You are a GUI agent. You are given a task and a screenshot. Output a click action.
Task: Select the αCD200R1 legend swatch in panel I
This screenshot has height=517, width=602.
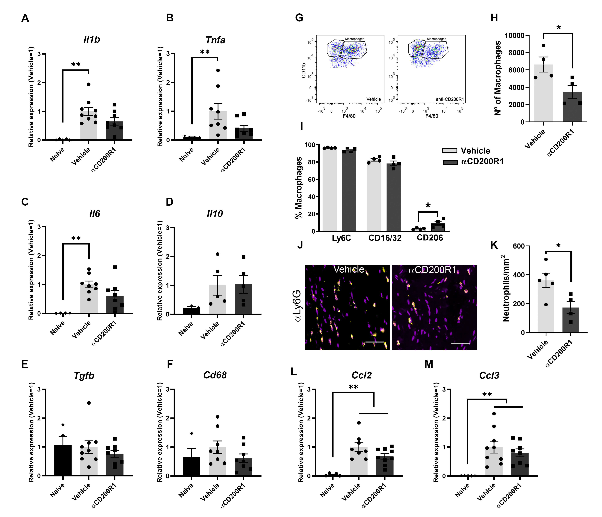tap(450, 162)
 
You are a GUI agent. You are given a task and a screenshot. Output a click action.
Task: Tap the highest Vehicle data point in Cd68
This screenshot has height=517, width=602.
tap(218, 417)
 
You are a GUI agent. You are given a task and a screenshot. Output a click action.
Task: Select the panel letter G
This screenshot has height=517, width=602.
tap(299, 18)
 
